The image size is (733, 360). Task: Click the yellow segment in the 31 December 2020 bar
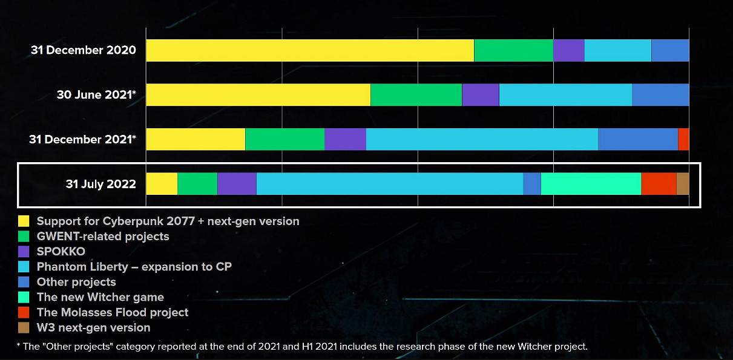(x=310, y=50)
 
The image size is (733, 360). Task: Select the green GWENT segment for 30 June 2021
(x=416, y=95)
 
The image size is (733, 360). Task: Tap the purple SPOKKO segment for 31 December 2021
(x=345, y=139)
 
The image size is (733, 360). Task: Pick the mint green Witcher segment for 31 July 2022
(x=591, y=184)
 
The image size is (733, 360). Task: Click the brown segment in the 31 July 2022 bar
(x=683, y=184)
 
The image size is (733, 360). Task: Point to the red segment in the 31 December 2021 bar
(x=683, y=139)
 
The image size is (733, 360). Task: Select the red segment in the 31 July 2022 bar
(x=659, y=184)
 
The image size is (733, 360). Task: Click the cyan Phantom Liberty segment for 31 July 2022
(x=389, y=184)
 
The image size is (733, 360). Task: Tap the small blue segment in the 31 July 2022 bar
(x=531, y=184)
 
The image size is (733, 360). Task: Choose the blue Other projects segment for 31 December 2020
(x=670, y=50)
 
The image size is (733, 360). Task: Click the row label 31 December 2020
(x=84, y=50)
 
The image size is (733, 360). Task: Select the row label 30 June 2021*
(x=96, y=95)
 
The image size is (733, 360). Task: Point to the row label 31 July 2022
(x=101, y=184)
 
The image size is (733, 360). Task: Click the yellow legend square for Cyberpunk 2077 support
(x=24, y=221)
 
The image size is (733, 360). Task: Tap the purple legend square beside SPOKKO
(x=24, y=252)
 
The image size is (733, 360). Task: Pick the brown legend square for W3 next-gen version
(x=24, y=327)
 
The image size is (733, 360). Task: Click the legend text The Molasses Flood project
(x=113, y=312)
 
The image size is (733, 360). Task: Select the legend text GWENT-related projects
(x=103, y=237)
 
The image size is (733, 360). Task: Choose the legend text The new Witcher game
(x=100, y=297)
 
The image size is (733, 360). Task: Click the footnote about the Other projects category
(x=302, y=347)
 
